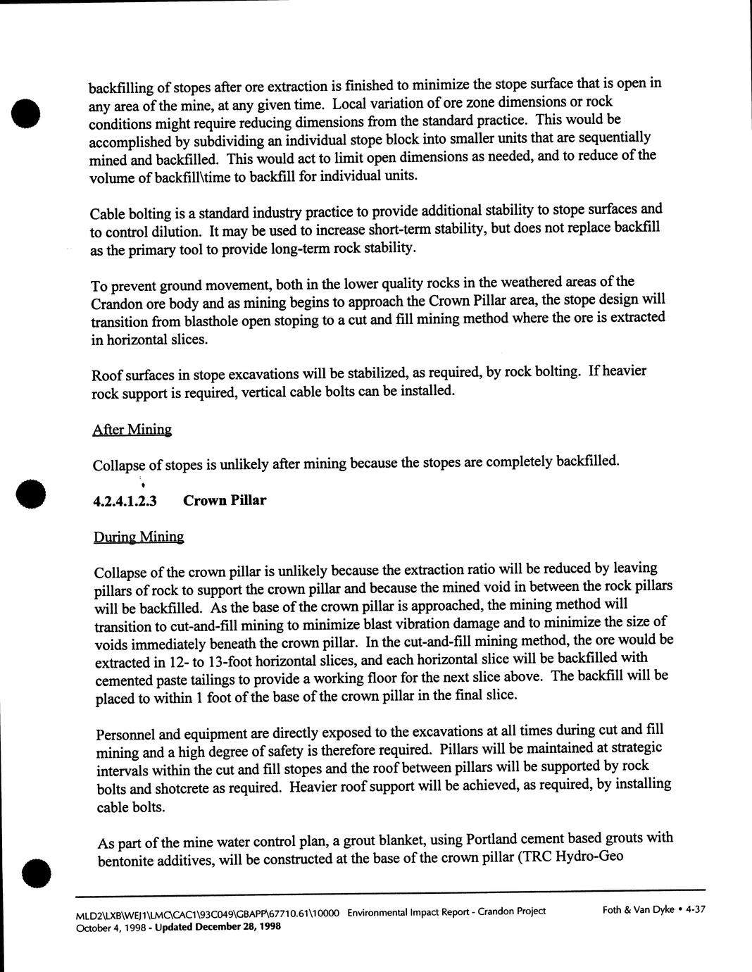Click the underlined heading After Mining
click(132, 430)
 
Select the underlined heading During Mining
click(139, 537)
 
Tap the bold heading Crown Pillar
click(225, 501)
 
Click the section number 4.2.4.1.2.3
click(125, 501)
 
